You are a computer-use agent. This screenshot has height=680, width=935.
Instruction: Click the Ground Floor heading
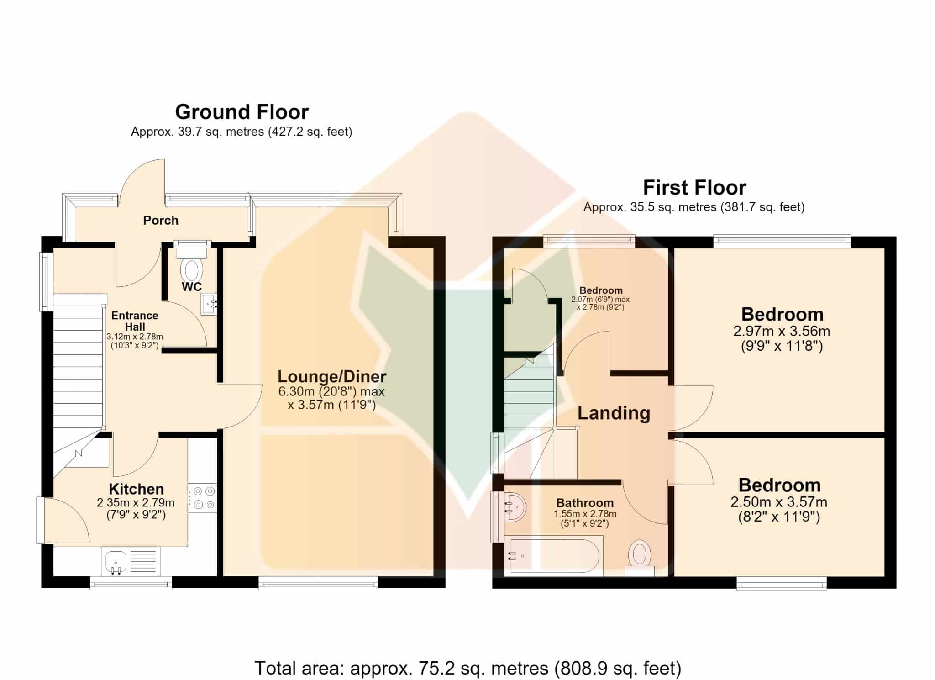point(242,112)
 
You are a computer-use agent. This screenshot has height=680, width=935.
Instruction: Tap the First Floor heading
point(694,188)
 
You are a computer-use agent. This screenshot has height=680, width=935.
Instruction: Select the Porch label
point(161,221)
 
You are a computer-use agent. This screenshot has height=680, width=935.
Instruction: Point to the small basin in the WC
point(209,304)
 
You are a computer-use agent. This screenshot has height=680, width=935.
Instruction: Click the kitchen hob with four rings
point(203,498)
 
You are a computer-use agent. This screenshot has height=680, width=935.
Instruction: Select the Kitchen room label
point(136,489)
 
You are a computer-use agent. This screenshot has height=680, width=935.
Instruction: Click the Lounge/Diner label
point(332,377)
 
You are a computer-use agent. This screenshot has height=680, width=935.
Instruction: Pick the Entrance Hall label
point(135,321)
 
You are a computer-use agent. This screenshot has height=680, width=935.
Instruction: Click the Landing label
point(614,413)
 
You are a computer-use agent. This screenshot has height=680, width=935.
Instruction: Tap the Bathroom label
point(585,503)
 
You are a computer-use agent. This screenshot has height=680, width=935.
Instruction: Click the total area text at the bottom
point(467,668)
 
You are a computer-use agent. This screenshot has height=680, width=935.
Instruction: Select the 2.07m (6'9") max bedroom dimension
point(600,300)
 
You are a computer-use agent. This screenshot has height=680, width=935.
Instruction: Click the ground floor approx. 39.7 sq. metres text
point(242,132)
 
